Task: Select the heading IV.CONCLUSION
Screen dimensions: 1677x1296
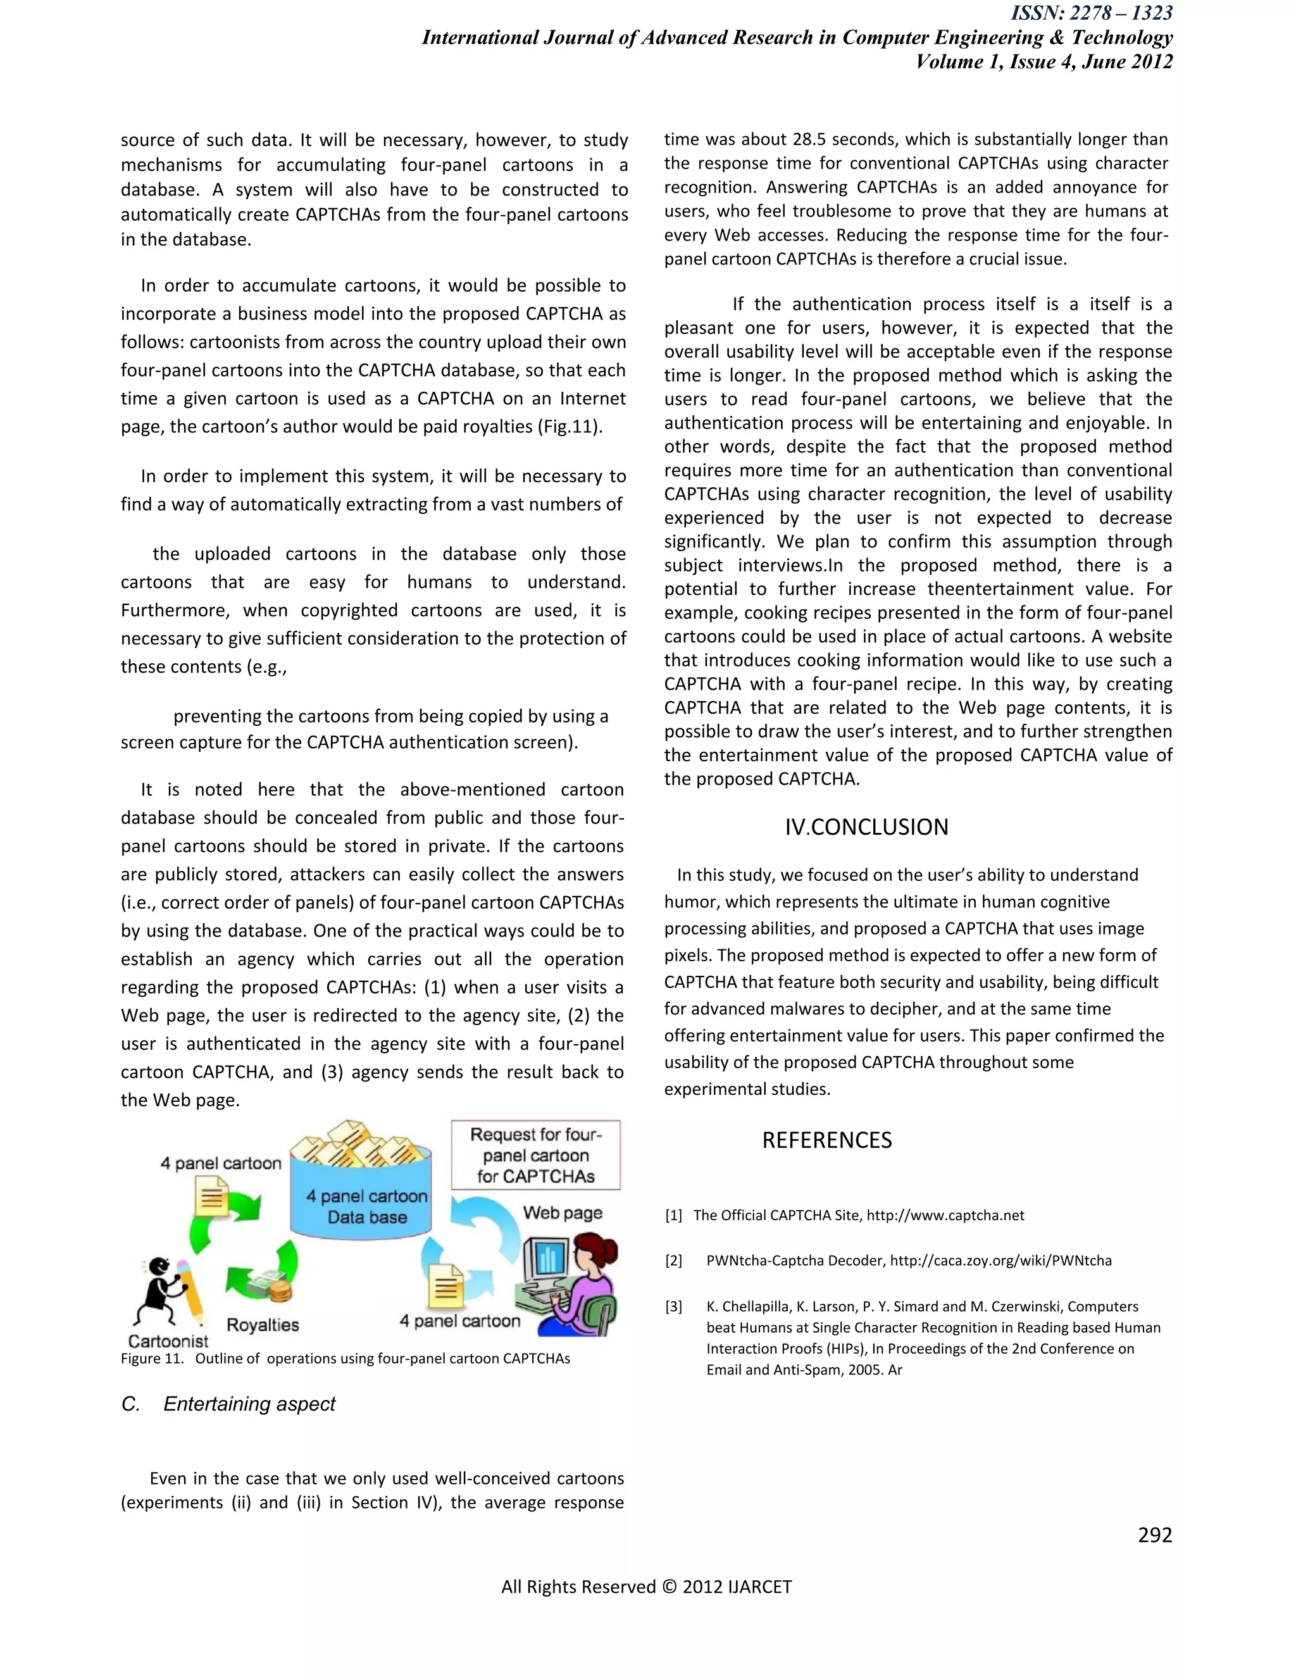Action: point(866,827)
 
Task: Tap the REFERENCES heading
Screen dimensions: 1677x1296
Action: point(827,1140)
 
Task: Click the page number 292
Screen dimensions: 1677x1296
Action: point(1155,1535)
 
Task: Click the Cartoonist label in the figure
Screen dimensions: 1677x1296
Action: point(168,1342)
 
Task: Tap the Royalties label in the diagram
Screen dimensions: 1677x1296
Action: point(263,1325)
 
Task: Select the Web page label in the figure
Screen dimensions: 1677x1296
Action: point(563,1213)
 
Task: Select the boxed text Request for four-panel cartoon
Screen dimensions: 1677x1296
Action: point(536,1155)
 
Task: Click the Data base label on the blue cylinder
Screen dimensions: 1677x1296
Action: point(367,1217)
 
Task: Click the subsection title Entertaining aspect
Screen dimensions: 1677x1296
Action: point(249,1404)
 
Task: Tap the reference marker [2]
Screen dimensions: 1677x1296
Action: point(673,1261)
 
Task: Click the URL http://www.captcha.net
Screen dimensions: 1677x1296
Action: point(945,1216)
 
